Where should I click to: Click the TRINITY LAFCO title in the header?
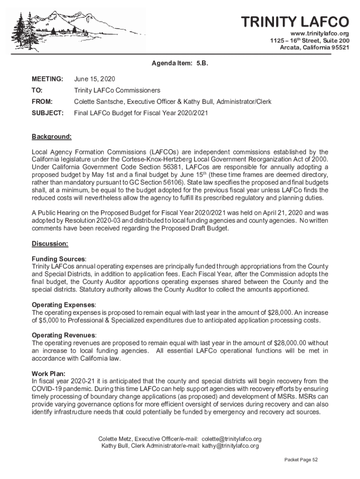[295, 22]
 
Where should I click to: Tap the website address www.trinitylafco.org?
[320, 34]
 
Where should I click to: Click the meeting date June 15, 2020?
[94, 79]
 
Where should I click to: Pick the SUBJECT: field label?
[48, 113]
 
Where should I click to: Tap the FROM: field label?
[42, 102]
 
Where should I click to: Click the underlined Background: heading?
[51, 137]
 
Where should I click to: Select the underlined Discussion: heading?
[50, 244]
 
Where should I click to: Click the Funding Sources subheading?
[58, 259]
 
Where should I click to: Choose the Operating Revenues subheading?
[64, 335]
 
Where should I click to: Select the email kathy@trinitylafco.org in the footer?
[230, 446]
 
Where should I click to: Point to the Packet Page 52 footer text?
[301, 460]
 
